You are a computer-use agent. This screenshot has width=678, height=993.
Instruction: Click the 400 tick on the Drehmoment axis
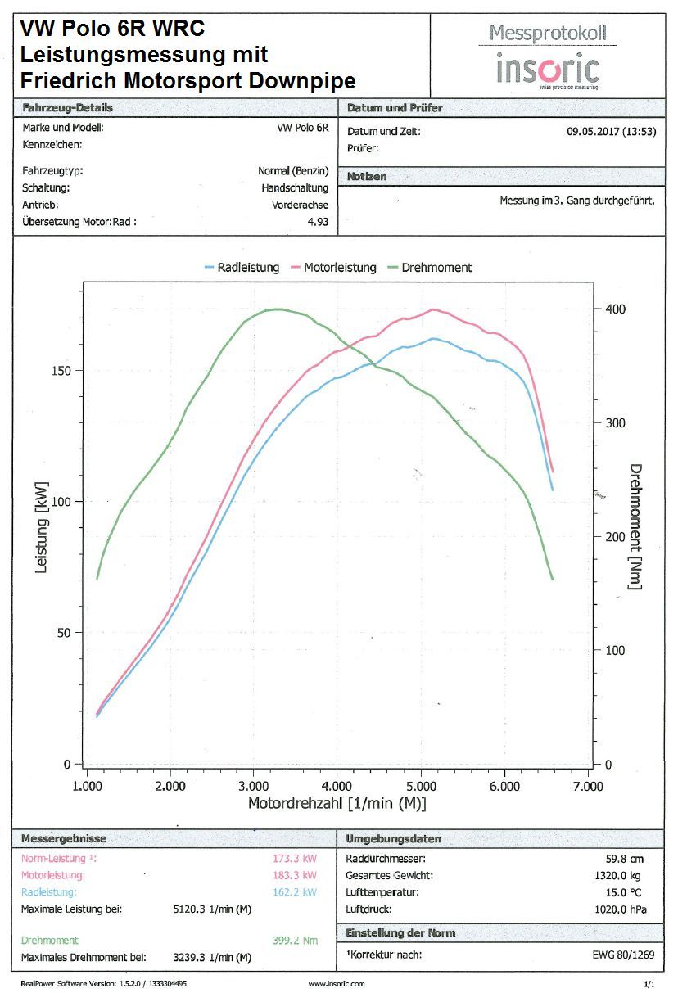click(615, 309)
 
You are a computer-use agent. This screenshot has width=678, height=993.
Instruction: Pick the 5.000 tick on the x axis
click(421, 787)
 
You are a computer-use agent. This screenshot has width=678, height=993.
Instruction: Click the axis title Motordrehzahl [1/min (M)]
click(337, 804)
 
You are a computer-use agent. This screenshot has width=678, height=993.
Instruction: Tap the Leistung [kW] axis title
click(41, 526)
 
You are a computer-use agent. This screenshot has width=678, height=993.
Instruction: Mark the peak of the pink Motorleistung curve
click(434, 309)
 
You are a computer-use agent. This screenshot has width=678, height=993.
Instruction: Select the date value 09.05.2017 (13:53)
click(612, 131)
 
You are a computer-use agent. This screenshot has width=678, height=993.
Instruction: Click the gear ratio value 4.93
click(318, 221)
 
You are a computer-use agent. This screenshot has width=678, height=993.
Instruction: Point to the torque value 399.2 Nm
click(294, 941)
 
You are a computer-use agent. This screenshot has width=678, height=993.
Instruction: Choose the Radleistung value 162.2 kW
click(294, 892)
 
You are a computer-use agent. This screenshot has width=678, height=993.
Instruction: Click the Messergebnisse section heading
click(64, 839)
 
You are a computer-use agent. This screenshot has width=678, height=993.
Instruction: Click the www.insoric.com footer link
click(337, 983)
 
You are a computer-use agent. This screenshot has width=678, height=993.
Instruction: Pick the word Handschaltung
click(301, 188)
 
